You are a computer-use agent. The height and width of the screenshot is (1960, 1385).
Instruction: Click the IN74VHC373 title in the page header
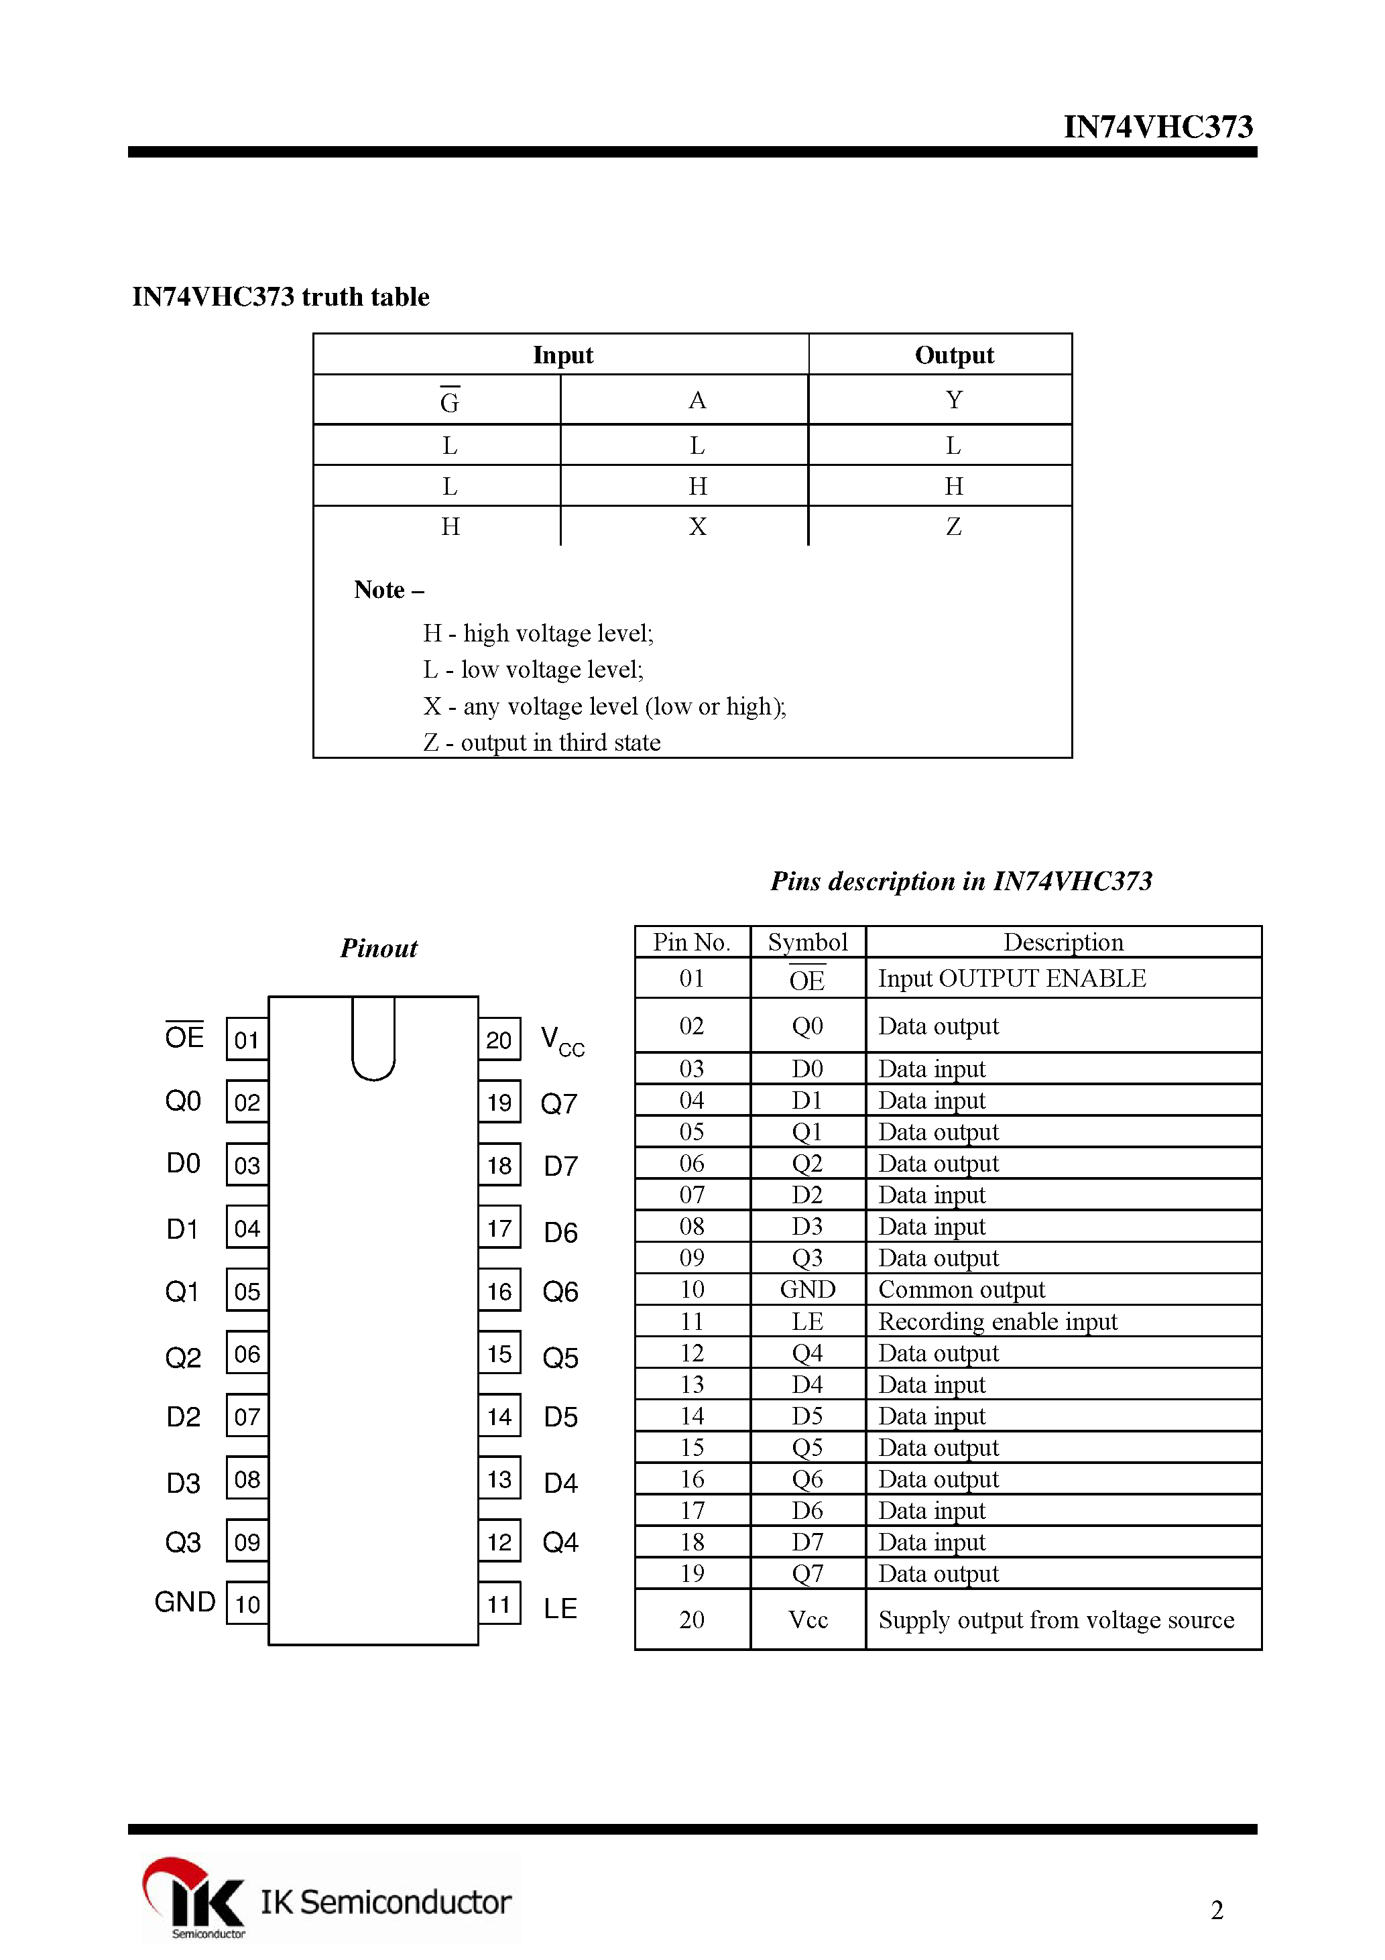pyautogui.click(x=1157, y=126)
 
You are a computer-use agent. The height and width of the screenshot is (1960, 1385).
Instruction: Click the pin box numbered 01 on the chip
pyautogui.click(x=247, y=1040)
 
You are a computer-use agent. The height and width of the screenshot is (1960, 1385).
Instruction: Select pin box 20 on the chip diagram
pyautogui.click(x=499, y=1040)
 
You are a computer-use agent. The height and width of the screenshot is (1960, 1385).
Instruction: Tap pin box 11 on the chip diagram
pyautogui.click(x=499, y=1604)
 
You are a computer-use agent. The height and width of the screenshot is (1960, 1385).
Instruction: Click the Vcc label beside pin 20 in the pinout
pyautogui.click(x=562, y=1042)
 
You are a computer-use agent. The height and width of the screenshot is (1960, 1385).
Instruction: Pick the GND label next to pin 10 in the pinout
pyautogui.click(x=184, y=1602)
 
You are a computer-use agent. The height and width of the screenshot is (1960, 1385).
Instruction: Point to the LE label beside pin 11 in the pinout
pyautogui.click(x=560, y=1608)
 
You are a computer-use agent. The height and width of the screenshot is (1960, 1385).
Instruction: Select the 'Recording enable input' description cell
pyautogui.click(x=998, y=1321)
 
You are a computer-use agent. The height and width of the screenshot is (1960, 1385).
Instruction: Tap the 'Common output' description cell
pyautogui.click(x=961, y=1289)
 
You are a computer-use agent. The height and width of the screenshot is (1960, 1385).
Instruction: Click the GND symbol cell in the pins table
pyautogui.click(x=807, y=1289)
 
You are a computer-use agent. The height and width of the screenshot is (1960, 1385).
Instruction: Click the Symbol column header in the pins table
pyautogui.click(x=807, y=942)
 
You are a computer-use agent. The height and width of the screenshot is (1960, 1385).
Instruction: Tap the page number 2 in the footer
pyautogui.click(x=1217, y=1910)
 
